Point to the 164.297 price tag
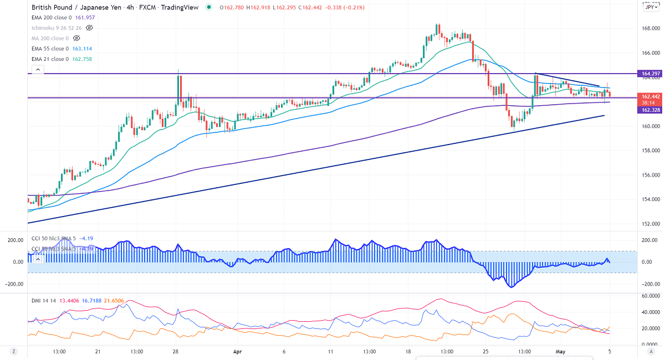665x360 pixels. (650, 74)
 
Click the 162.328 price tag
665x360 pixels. (650, 110)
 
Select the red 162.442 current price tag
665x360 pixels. (650, 96)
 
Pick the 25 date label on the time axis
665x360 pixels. (486, 352)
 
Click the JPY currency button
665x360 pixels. (649, 7)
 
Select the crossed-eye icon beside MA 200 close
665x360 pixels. (76, 38)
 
